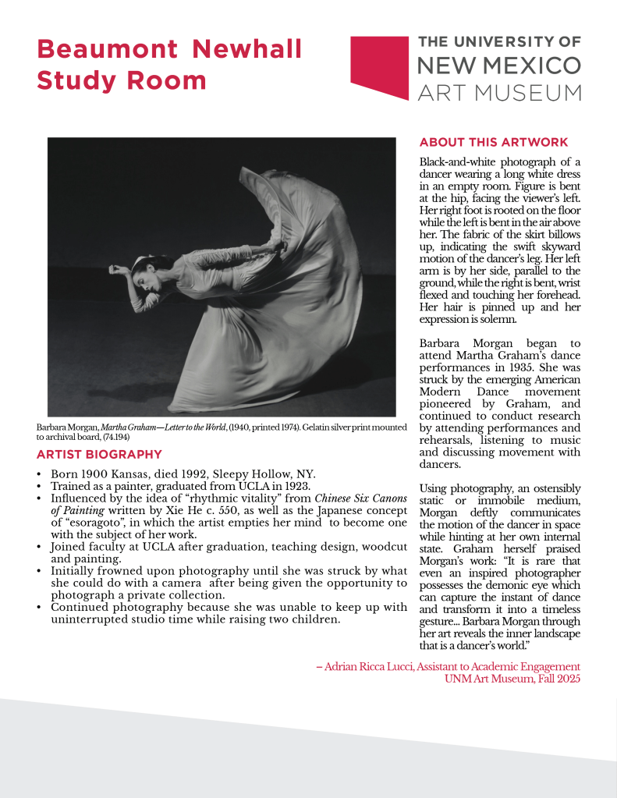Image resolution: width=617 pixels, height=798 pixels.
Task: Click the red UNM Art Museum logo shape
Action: [x=380, y=66]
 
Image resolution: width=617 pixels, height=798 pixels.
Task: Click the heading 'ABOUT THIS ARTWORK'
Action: [x=494, y=143]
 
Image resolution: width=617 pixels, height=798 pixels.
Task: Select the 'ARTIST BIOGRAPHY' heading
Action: [x=99, y=455]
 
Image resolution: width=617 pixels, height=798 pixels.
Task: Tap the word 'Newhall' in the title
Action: [x=247, y=49]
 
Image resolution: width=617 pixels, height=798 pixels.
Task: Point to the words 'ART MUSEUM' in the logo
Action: [x=500, y=93]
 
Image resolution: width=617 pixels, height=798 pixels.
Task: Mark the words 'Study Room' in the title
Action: [x=122, y=80]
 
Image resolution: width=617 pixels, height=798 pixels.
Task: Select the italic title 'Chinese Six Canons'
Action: [x=360, y=498]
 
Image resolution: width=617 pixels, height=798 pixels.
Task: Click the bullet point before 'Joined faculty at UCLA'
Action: [x=40, y=548]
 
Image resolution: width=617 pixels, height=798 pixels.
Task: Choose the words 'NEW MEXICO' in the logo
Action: [x=500, y=65]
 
